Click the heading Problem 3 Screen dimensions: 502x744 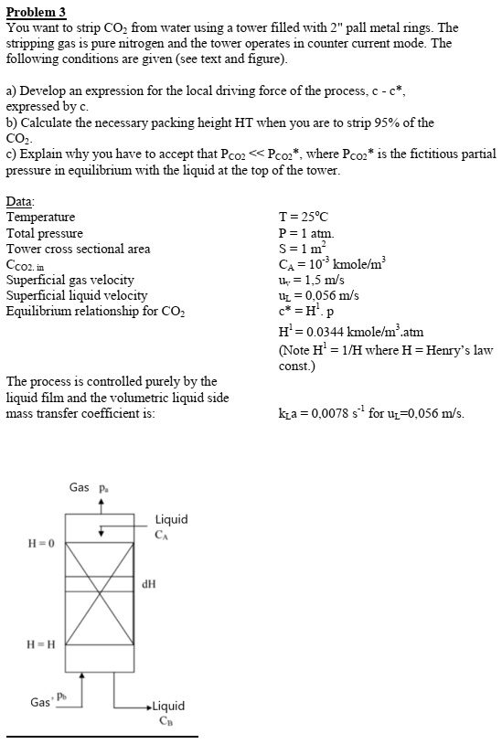37,12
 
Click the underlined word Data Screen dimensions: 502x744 21,202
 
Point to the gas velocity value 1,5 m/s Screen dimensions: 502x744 315,280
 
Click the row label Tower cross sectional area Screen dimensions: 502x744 79,249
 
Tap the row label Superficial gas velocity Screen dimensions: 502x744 70,280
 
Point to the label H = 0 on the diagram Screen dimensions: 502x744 43,543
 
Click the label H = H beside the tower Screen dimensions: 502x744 43,641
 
